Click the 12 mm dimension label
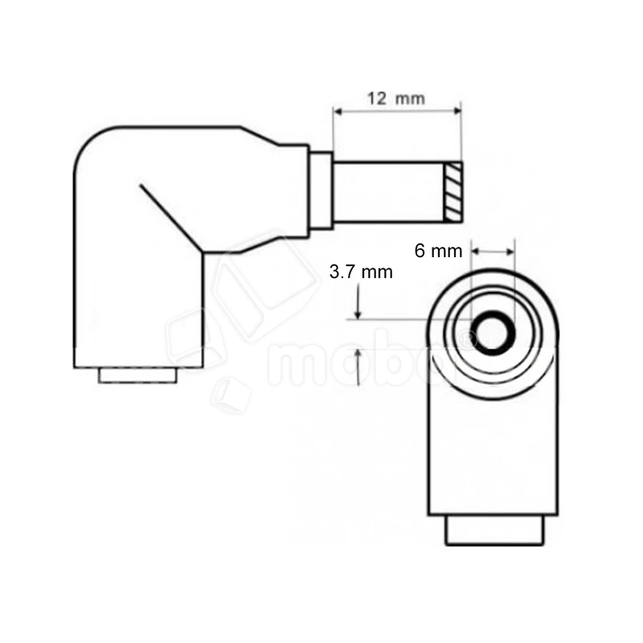[x=395, y=99]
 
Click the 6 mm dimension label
[x=439, y=251]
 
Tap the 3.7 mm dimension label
[x=361, y=272]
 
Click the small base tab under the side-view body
[x=138, y=375]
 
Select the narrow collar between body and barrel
[x=321, y=191]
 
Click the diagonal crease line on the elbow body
[x=170, y=218]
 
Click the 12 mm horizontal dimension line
[x=398, y=112]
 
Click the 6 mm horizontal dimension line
[x=492, y=252]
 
